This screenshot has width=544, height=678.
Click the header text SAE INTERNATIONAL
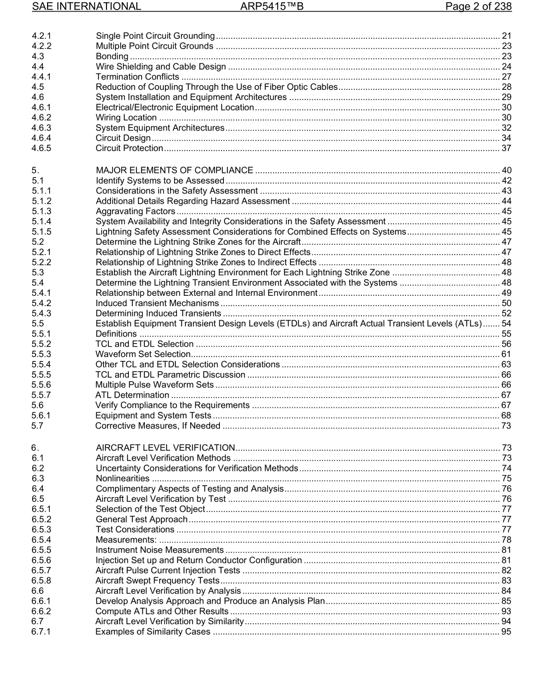[86, 7]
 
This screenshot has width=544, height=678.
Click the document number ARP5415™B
[272, 7]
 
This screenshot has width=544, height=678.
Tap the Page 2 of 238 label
[478, 7]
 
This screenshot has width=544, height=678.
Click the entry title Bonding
[112, 56]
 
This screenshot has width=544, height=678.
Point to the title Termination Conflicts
[137, 77]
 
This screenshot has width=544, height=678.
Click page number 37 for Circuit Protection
[506, 148]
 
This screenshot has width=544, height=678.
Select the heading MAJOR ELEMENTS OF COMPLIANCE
[175, 171]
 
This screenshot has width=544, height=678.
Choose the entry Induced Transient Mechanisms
[157, 303]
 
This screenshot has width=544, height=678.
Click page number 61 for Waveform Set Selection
[506, 354]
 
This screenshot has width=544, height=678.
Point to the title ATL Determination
[132, 395]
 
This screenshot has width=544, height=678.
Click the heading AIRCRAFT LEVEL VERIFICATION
[165, 447]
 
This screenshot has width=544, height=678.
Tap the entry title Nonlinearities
[123, 478]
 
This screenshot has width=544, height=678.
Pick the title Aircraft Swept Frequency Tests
[157, 581]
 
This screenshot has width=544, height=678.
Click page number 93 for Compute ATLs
[506, 611]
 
